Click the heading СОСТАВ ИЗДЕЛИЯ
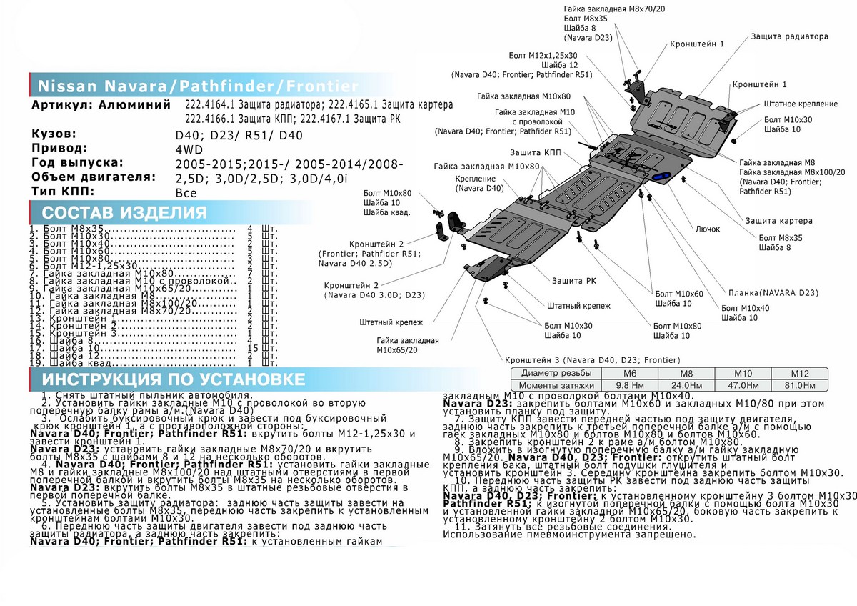coord(125,212)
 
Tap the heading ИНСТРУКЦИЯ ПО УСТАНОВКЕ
coord(173,379)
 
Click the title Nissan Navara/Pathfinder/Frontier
coord(197,86)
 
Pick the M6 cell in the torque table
coord(628,374)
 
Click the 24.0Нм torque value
coord(685,385)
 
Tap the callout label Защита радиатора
coord(789,36)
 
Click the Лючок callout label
coord(708,229)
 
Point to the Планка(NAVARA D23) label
coord(767,293)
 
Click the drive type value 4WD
coord(189,149)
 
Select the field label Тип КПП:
coord(64,192)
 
